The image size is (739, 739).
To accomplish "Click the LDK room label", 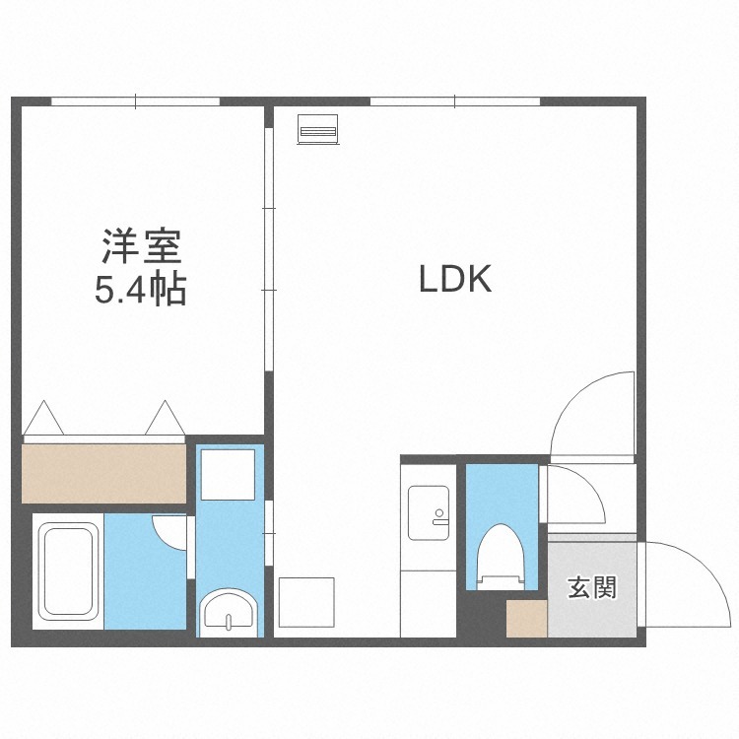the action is pos(455,279).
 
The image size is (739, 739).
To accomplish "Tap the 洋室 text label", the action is pos(141,246).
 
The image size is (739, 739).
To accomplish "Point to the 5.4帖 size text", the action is pos(141,290).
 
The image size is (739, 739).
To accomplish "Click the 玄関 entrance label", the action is pos(592,587).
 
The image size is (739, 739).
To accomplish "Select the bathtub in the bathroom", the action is pos(68,571).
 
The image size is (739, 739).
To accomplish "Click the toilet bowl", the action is pos(501,556).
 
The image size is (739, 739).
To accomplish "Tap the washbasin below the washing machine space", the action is pos(229,613).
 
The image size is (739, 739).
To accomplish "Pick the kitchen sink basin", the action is pos(428,512).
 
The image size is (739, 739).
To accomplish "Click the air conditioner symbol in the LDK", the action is pos(318,129).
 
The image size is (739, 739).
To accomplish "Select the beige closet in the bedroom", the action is pos(104,473).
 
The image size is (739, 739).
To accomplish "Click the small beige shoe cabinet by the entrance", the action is pos(527,619).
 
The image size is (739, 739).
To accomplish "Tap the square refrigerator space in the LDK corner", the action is pos(306,602).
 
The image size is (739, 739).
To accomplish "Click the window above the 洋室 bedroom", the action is pos(136,101).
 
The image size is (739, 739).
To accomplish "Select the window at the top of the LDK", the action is pos(455,101).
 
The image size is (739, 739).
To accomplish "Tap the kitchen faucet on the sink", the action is pos(440,517).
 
